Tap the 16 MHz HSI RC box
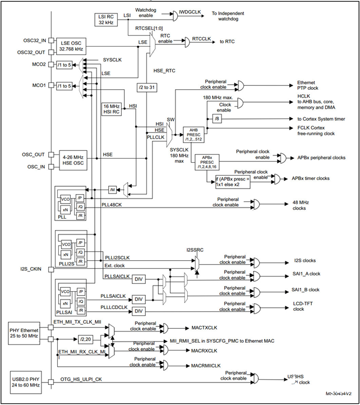point(112,109)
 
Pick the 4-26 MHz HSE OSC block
point(73,158)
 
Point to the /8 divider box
point(217,118)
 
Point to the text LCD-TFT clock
point(306,306)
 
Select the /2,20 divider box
point(85,339)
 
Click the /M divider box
point(113,188)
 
